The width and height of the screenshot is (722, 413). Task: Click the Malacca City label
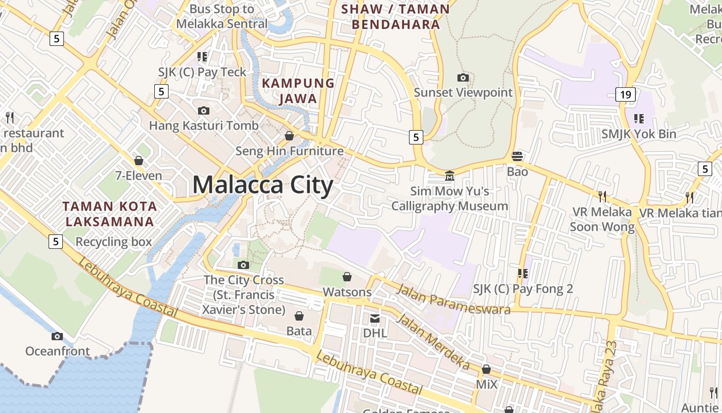(x=263, y=185)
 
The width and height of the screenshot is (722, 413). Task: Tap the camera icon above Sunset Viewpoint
(x=463, y=78)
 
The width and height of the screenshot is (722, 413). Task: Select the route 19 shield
(x=625, y=94)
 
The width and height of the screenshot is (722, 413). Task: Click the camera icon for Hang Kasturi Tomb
(x=204, y=110)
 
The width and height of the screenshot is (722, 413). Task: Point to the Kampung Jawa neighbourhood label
(x=298, y=90)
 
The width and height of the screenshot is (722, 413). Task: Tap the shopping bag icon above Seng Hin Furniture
(x=289, y=136)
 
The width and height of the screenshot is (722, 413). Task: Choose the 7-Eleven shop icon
(x=138, y=161)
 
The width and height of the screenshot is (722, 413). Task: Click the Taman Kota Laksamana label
(x=109, y=214)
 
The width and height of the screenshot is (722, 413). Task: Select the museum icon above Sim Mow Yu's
(x=450, y=176)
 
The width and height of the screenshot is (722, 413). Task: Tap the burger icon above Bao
(x=517, y=156)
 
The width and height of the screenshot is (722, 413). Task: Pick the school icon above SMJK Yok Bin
(x=639, y=119)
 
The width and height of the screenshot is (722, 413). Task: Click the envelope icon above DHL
(x=375, y=319)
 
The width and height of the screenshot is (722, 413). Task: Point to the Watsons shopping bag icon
(x=347, y=277)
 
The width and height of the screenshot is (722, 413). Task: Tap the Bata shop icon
(x=299, y=316)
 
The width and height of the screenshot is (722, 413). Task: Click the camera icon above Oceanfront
(x=57, y=337)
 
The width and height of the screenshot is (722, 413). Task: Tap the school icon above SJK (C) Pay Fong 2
(x=523, y=274)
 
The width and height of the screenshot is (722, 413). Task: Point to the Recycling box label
(x=113, y=242)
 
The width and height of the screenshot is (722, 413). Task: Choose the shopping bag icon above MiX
(x=486, y=369)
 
